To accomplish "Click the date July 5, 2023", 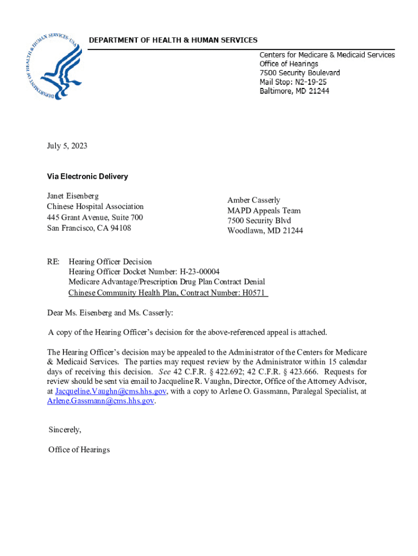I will click(x=67, y=146).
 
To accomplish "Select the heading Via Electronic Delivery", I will click(x=87, y=176).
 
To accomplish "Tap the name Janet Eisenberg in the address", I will click(x=73, y=196).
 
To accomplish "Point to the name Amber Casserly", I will click(x=254, y=200).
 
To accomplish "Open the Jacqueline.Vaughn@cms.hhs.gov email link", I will click(x=111, y=391).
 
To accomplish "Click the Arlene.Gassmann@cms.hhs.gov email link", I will click(x=101, y=401).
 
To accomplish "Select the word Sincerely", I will click(x=65, y=429).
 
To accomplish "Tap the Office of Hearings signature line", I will click(x=79, y=450).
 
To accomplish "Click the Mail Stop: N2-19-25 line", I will click(x=293, y=82).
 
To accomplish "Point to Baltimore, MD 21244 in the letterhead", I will click(x=294, y=91).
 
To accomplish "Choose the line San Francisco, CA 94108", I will click(x=89, y=228).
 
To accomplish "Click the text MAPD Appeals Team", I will click(x=264, y=211).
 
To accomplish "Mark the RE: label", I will click(x=53, y=262).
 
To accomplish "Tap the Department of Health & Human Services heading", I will click(x=173, y=40).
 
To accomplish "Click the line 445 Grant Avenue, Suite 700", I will click(x=95, y=217).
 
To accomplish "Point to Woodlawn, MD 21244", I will click(x=265, y=231).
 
